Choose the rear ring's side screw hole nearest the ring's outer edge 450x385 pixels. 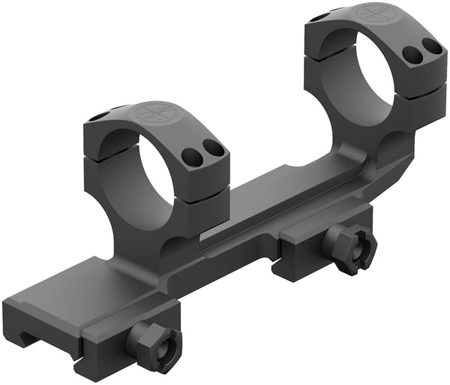coord(433,46)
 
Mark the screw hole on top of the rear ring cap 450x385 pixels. coord(321,17)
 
